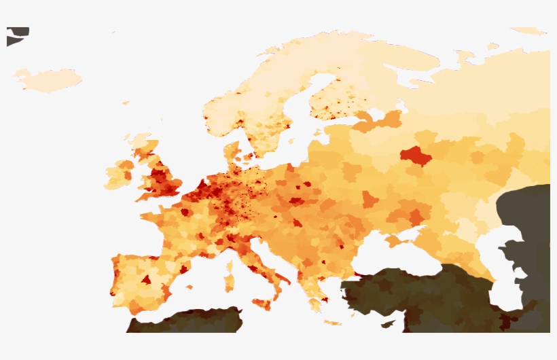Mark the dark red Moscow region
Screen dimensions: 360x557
(415, 158)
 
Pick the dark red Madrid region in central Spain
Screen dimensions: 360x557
(145, 279)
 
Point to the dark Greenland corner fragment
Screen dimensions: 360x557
(16, 35)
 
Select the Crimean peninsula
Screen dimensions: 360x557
(395, 240)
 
